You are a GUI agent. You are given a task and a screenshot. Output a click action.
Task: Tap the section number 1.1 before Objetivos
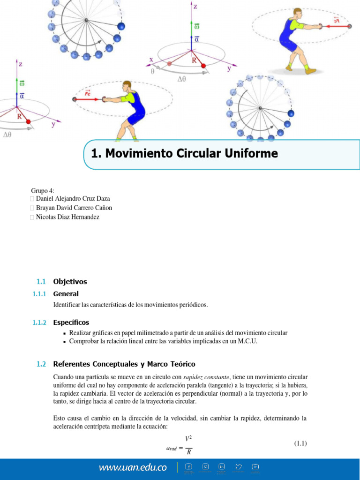tap(41, 282)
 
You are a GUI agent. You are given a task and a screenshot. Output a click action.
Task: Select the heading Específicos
tap(71, 322)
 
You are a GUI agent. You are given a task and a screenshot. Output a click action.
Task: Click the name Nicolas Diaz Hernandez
tap(67, 217)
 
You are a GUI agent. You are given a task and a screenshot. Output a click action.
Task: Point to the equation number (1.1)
tap(300, 443)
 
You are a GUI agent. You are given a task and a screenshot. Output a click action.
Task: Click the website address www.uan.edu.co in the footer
tap(132, 467)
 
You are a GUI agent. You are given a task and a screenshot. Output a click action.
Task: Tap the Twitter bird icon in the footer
tap(239, 466)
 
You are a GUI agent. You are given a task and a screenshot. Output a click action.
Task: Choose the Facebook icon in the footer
tap(188, 466)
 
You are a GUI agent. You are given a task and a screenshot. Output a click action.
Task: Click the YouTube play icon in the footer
tap(255, 466)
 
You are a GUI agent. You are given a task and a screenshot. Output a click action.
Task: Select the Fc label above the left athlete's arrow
tap(88, 93)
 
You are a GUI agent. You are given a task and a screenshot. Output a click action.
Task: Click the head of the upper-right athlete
tap(297, 13)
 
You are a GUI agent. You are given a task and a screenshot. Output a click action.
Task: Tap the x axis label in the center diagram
tap(151, 60)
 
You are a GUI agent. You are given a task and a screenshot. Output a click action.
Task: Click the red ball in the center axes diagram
tap(203, 66)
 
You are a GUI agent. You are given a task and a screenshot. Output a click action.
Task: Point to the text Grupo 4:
tap(43, 191)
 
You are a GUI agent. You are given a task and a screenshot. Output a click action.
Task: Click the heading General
tap(66, 294)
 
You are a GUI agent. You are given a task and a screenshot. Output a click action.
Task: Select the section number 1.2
tap(41, 364)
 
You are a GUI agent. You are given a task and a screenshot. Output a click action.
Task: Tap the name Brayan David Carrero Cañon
tap(74, 208)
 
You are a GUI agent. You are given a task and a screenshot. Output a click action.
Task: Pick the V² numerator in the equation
tap(188, 439)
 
